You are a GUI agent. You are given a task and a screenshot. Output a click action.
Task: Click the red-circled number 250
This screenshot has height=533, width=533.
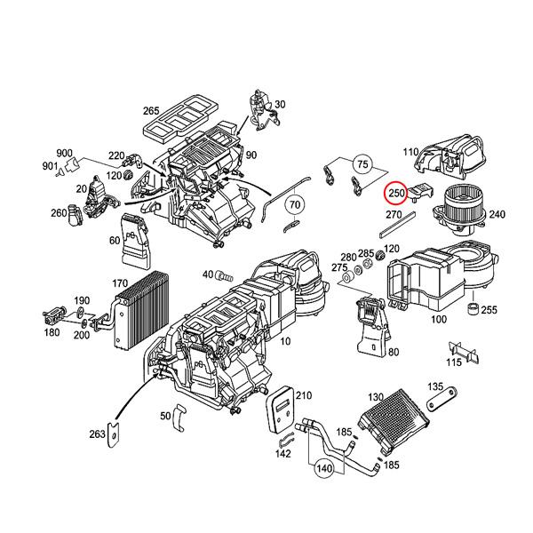click(395, 193)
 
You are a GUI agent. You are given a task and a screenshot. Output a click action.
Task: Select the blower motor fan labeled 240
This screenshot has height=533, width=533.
click(458, 209)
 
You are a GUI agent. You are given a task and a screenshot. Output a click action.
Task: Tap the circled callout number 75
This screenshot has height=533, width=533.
click(362, 164)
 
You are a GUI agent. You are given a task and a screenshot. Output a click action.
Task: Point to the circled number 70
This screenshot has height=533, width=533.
click(295, 204)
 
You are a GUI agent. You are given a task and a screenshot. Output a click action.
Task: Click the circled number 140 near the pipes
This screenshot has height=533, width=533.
click(324, 468)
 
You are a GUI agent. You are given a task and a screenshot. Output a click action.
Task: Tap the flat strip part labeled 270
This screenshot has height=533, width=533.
click(397, 225)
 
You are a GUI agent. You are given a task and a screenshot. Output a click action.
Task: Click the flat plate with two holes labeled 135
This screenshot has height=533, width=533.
click(442, 399)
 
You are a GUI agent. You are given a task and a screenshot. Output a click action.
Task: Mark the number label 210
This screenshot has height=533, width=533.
click(304, 395)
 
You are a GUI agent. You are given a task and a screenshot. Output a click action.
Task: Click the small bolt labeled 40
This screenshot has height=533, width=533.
click(225, 275)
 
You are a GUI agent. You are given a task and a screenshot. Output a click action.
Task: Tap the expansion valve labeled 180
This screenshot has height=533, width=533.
click(52, 315)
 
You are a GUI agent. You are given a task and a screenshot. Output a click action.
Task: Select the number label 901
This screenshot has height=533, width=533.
click(50, 166)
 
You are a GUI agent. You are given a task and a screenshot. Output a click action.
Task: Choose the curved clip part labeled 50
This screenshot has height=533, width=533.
click(179, 418)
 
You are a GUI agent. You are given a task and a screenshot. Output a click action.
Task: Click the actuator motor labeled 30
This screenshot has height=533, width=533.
click(264, 110)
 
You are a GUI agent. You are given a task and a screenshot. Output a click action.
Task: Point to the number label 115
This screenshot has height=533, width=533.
click(454, 362)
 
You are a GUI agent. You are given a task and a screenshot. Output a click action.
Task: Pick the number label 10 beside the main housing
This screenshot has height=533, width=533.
click(285, 341)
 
